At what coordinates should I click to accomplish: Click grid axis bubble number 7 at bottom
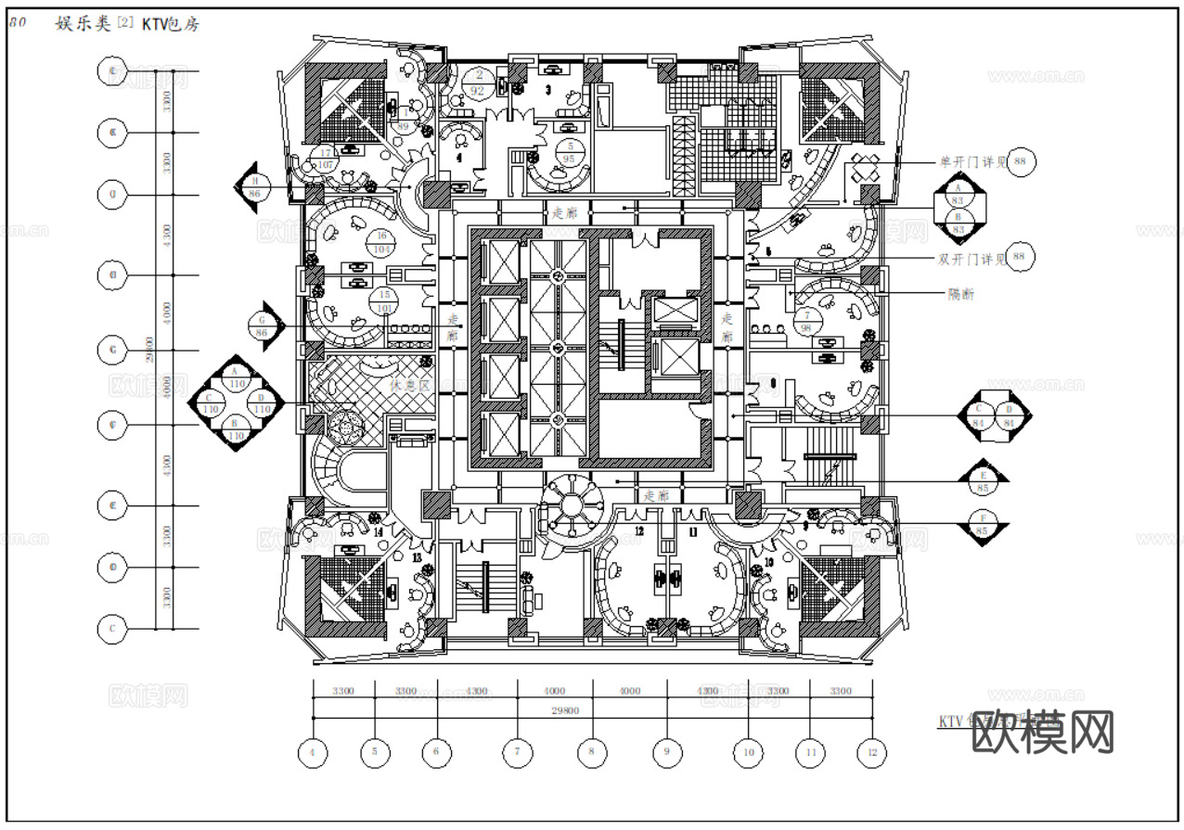pyautogui.click(x=517, y=752)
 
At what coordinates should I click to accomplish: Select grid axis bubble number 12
pyautogui.click(x=871, y=752)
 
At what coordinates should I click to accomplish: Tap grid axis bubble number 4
pyautogui.click(x=313, y=752)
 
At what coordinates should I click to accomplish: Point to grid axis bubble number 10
pyautogui.click(x=748, y=752)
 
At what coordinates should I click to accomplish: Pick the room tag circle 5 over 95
pyautogui.click(x=570, y=151)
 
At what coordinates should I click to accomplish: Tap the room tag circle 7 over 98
pyautogui.click(x=807, y=322)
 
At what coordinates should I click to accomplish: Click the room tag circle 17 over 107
pyautogui.click(x=326, y=159)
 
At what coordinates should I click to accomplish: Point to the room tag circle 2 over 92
pyautogui.click(x=479, y=83)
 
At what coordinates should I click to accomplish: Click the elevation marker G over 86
pyautogui.click(x=262, y=325)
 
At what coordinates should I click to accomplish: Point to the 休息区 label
pyautogui.click(x=408, y=384)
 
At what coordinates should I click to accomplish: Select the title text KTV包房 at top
pyautogui.click(x=170, y=25)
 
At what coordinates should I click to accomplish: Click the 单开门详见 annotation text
pyautogui.click(x=972, y=161)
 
